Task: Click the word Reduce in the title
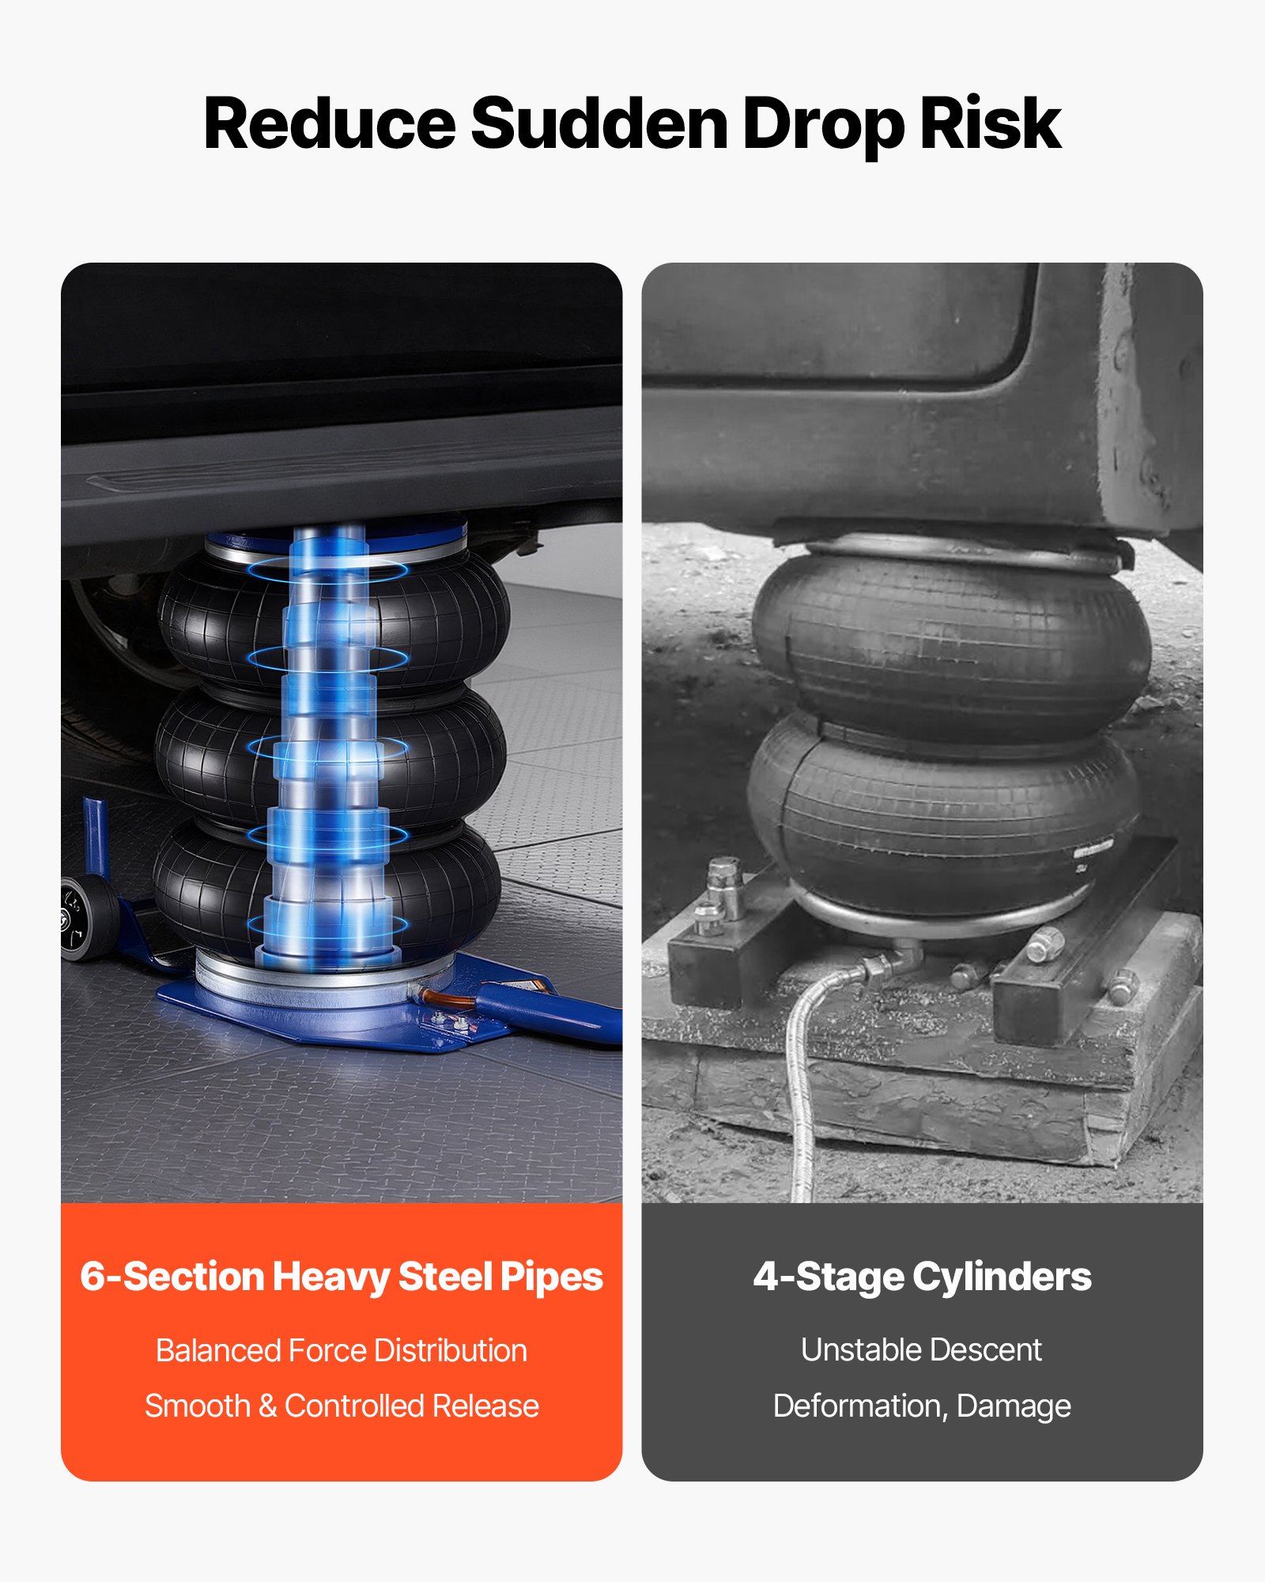[330, 123]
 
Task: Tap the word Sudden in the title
[599, 123]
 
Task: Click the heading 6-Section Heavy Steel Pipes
[342, 1277]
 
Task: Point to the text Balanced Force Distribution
[342, 1350]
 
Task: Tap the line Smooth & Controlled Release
[342, 1406]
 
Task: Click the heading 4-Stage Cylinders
[922, 1277]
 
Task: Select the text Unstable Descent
[922, 1349]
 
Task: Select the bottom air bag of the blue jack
[326, 886]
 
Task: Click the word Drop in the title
[823, 123]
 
